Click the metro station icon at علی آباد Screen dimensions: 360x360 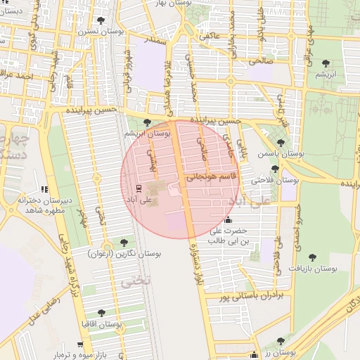pyautogui.click(x=138, y=188)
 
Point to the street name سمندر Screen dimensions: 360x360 pyautogui.click(x=155, y=41)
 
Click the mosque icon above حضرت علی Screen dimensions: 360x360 pyautogui.click(x=229, y=219)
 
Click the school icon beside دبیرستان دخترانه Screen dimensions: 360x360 pyautogui.click(x=45, y=189)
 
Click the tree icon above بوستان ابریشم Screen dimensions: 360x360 pyautogui.click(x=146, y=122)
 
